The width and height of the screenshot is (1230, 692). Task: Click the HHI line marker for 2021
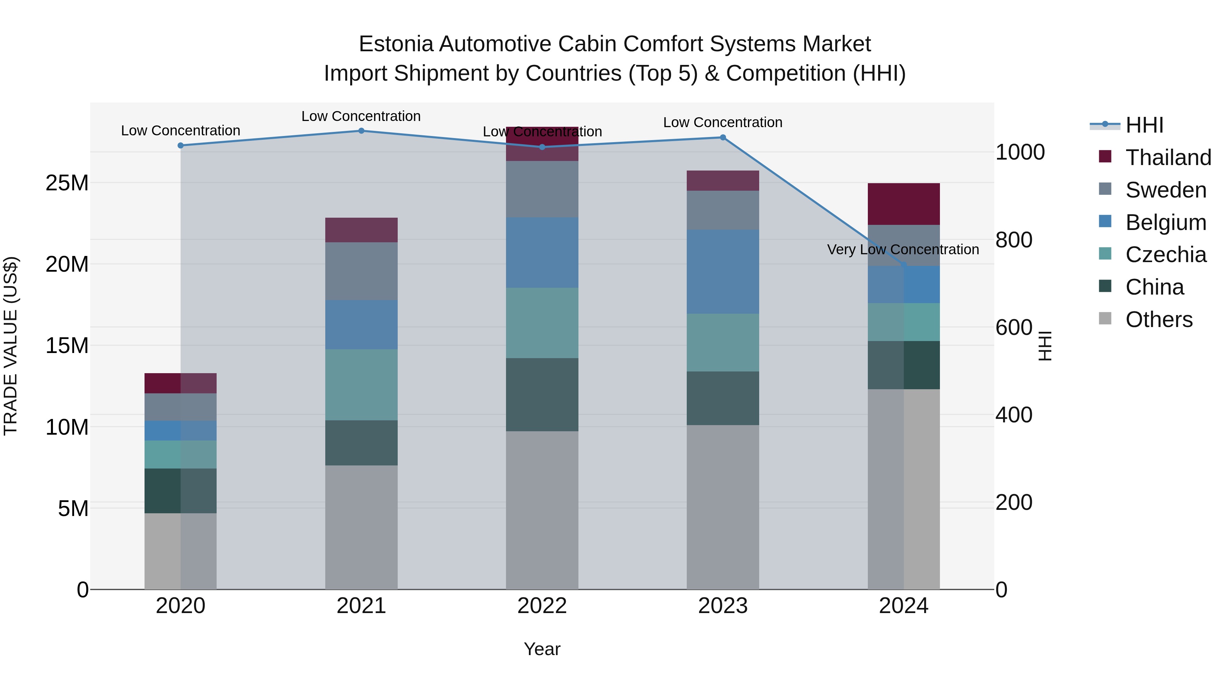click(361, 131)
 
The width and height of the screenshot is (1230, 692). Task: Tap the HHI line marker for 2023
click(723, 137)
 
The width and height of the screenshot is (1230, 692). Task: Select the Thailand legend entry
click(1168, 158)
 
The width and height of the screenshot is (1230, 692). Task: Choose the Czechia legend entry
click(1165, 255)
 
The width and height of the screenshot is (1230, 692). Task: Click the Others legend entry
click(1159, 320)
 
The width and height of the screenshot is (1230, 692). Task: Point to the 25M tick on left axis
click(67, 183)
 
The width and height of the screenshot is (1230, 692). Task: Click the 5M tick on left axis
click(73, 508)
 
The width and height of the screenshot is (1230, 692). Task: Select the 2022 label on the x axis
click(542, 606)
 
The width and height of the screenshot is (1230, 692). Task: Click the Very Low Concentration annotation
click(903, 249)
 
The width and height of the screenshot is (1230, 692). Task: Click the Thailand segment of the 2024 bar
click(903, 204)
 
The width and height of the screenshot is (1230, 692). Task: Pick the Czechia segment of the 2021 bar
click(361, 384)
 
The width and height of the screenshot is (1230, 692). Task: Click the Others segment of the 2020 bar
click(180, 551)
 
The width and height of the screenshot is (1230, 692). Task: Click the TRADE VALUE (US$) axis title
click(11, 346)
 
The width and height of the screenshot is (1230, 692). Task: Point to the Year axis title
click(542, 649)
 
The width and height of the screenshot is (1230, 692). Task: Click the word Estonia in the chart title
click(396, 44)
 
